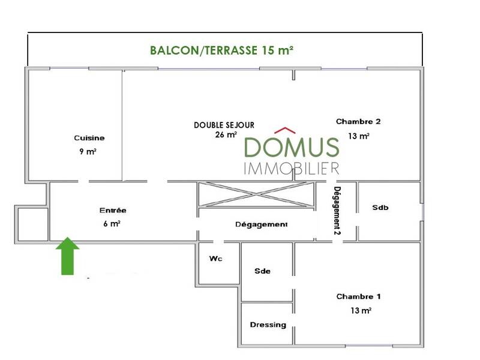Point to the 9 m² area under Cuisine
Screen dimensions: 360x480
pyautogui.click(x=88, y=152)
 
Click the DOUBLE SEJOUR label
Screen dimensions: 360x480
pyautogui.click(x=224, y=125)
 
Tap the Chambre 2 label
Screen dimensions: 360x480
pyautogui.click(x=358, y=121)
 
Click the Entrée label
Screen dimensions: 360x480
pyautogui.click(x=113, y=211)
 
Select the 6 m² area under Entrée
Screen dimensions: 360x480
pyautogui.click(x=112, y=224)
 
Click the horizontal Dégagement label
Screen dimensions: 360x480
pyautogui.click(x=261, y=224)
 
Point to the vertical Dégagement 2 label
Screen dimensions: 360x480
pyautogui.click(x=337, y=209)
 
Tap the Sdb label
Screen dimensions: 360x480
pyautogui.click(x=380, y=208)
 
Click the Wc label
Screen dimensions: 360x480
pyautogui.click(x=216, y=259)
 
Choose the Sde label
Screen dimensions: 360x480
pyautogui.click(x=263, y=271)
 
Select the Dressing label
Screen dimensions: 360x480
pyautogui.click(x=268, y=325)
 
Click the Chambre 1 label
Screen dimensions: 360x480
pyautogui.click(x=358, y=297)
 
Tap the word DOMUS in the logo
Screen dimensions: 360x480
pyautogui.click(x=292, y=147)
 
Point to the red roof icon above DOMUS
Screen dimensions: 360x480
pyautogui.click(x=286, y=130)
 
